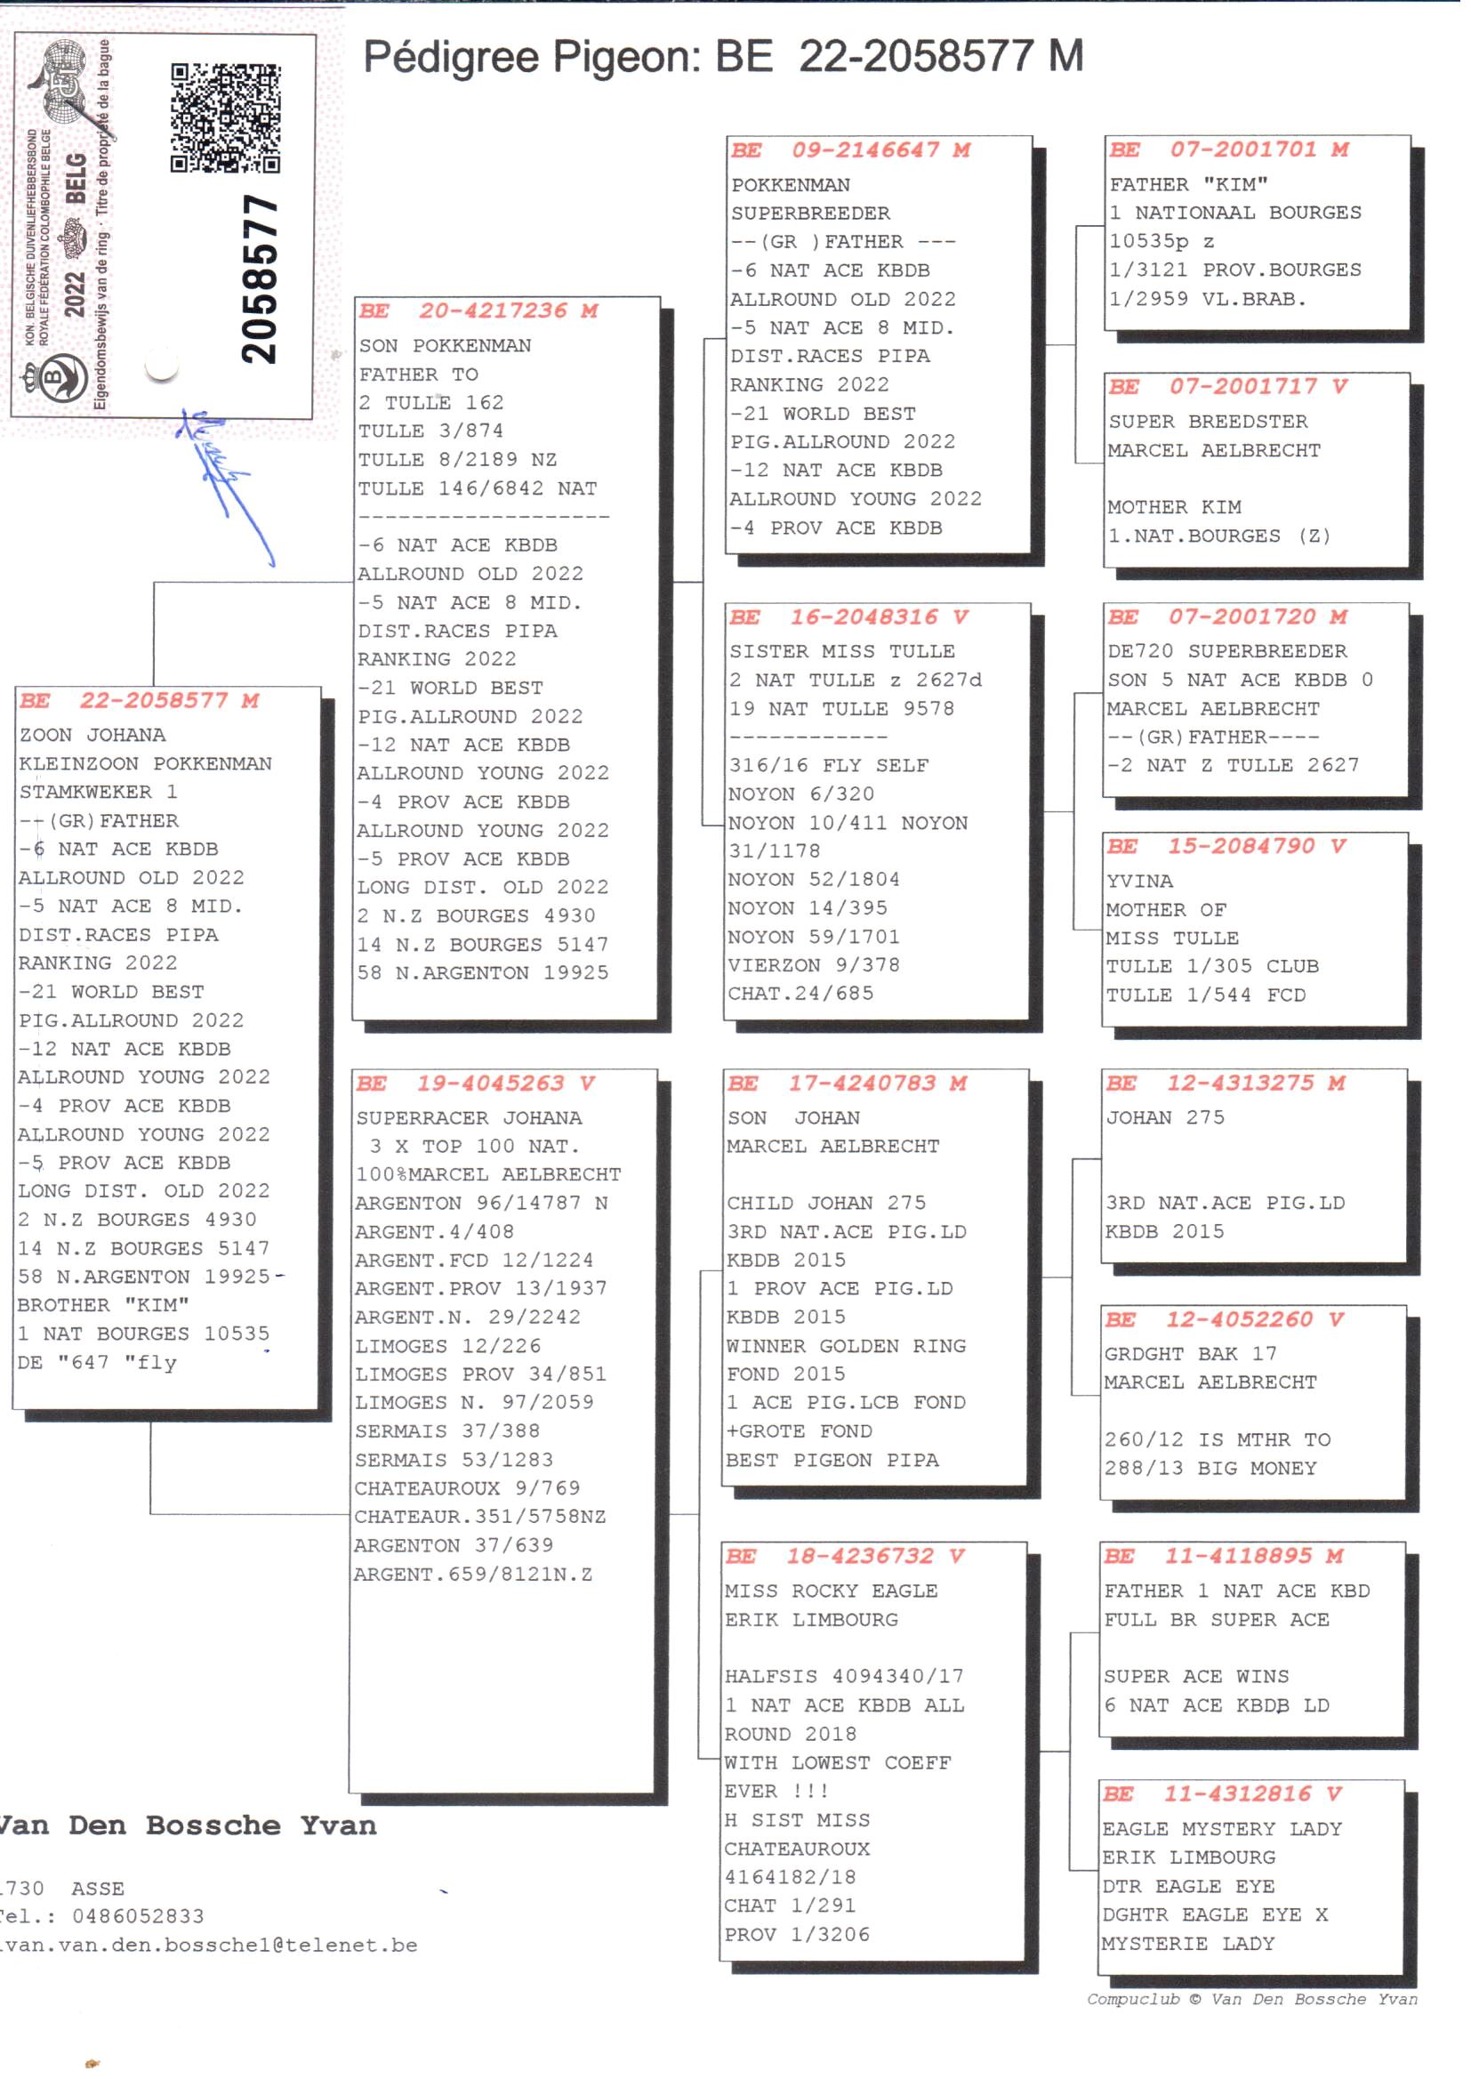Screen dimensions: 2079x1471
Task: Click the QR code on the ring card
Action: pos(226,117)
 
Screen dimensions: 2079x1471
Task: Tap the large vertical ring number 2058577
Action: pos(260,280)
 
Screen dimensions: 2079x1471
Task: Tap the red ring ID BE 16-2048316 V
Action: pos(848,617)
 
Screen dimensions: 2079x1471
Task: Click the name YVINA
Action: pos(1139,882)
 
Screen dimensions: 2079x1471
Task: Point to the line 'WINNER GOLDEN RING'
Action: pos(846,1346)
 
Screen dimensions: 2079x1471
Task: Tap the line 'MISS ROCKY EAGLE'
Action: pos(831,1591)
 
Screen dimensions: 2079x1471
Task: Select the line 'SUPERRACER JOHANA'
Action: pos(469,1118)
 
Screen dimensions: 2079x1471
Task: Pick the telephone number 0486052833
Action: pos(138,1916)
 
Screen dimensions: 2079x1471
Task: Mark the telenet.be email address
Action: pos(208,1945)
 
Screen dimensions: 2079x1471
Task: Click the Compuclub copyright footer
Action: pos(1252,1999)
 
